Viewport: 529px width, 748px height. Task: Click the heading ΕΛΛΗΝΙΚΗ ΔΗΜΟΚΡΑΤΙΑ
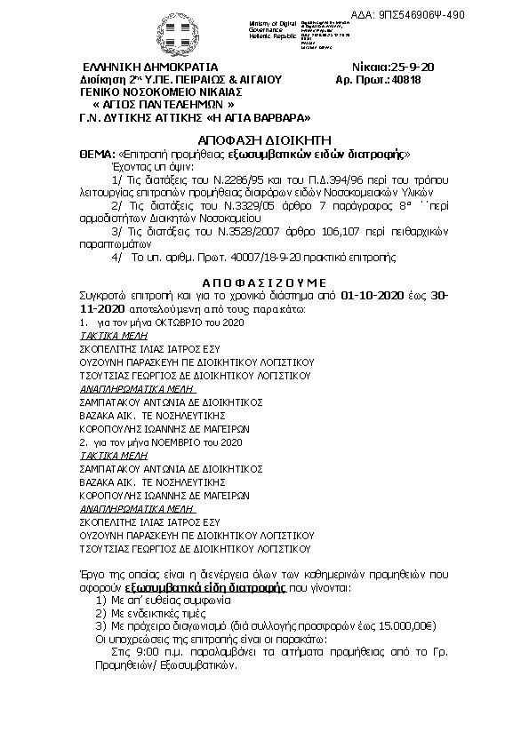pos(149,68)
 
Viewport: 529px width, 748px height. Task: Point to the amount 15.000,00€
pos(399,625)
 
